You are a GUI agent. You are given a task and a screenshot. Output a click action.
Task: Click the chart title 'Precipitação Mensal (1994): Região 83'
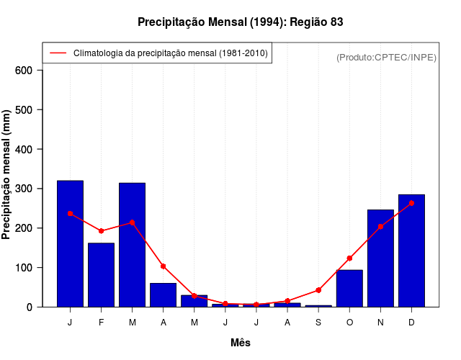240,22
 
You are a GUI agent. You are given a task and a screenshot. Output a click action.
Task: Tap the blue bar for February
101,275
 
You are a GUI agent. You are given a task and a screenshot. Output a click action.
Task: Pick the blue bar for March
132,245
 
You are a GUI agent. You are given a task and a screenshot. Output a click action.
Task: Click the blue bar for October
349,288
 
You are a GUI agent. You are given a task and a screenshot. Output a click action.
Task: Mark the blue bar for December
411,251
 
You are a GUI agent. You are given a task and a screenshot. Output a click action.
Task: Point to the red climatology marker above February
101,231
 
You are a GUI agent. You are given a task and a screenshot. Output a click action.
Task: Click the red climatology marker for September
318,290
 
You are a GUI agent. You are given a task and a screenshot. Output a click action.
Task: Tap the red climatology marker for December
411,203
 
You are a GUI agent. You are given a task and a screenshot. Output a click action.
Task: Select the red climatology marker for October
349,258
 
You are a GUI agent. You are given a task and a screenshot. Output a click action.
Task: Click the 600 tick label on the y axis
24,71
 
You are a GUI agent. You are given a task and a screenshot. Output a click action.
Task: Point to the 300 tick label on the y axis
24,189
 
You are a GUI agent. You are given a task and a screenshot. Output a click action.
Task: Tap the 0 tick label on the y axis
30,307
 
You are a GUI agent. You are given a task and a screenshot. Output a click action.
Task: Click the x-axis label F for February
101,323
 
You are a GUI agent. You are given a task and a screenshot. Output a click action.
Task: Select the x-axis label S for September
318,323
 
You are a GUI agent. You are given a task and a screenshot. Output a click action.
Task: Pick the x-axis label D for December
411,323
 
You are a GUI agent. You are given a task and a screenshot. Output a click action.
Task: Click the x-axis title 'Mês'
241,343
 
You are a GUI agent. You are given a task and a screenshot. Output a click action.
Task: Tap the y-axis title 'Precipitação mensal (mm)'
7,175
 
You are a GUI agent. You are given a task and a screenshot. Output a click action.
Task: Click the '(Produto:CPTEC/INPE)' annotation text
386,57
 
